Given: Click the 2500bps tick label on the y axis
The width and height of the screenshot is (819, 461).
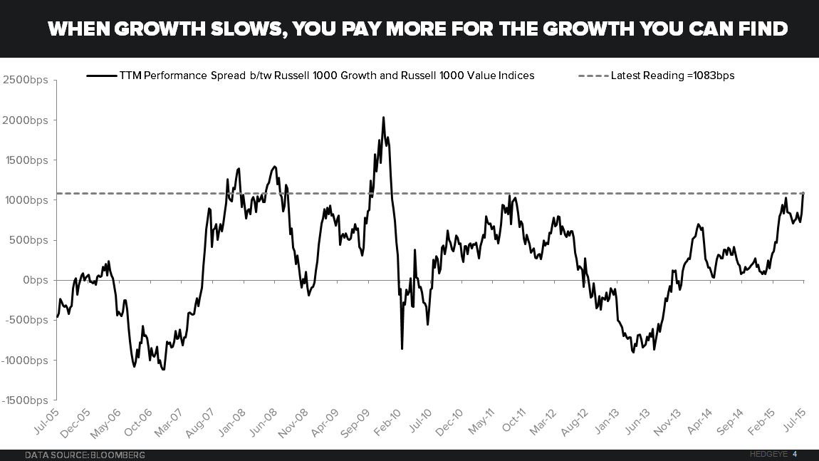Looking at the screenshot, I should [x=25, y=80].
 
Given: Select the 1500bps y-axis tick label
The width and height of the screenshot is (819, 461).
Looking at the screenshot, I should [x=25, y=160].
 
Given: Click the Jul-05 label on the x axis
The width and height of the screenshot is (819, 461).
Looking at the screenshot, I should [x=46, y=421].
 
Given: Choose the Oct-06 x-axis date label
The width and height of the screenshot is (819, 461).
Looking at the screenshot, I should [x=140, y=421].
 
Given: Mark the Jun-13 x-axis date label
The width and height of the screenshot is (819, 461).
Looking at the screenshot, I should [x=637, y=421].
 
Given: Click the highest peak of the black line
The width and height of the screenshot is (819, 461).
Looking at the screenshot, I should [x=383, y=118].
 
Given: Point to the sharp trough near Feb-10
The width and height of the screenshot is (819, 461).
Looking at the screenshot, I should [x=402, y=348].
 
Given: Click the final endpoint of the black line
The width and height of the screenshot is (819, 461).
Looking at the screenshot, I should [x=803, y=193].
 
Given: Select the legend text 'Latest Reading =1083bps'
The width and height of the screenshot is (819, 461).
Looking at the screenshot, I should [x=672, y=76].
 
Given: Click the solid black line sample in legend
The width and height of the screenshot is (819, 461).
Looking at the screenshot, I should [x=101, y=76].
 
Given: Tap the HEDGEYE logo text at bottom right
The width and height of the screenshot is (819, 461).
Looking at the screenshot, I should [x=768, y=454].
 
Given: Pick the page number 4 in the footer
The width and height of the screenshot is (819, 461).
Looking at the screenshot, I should [x=795, y=454].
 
